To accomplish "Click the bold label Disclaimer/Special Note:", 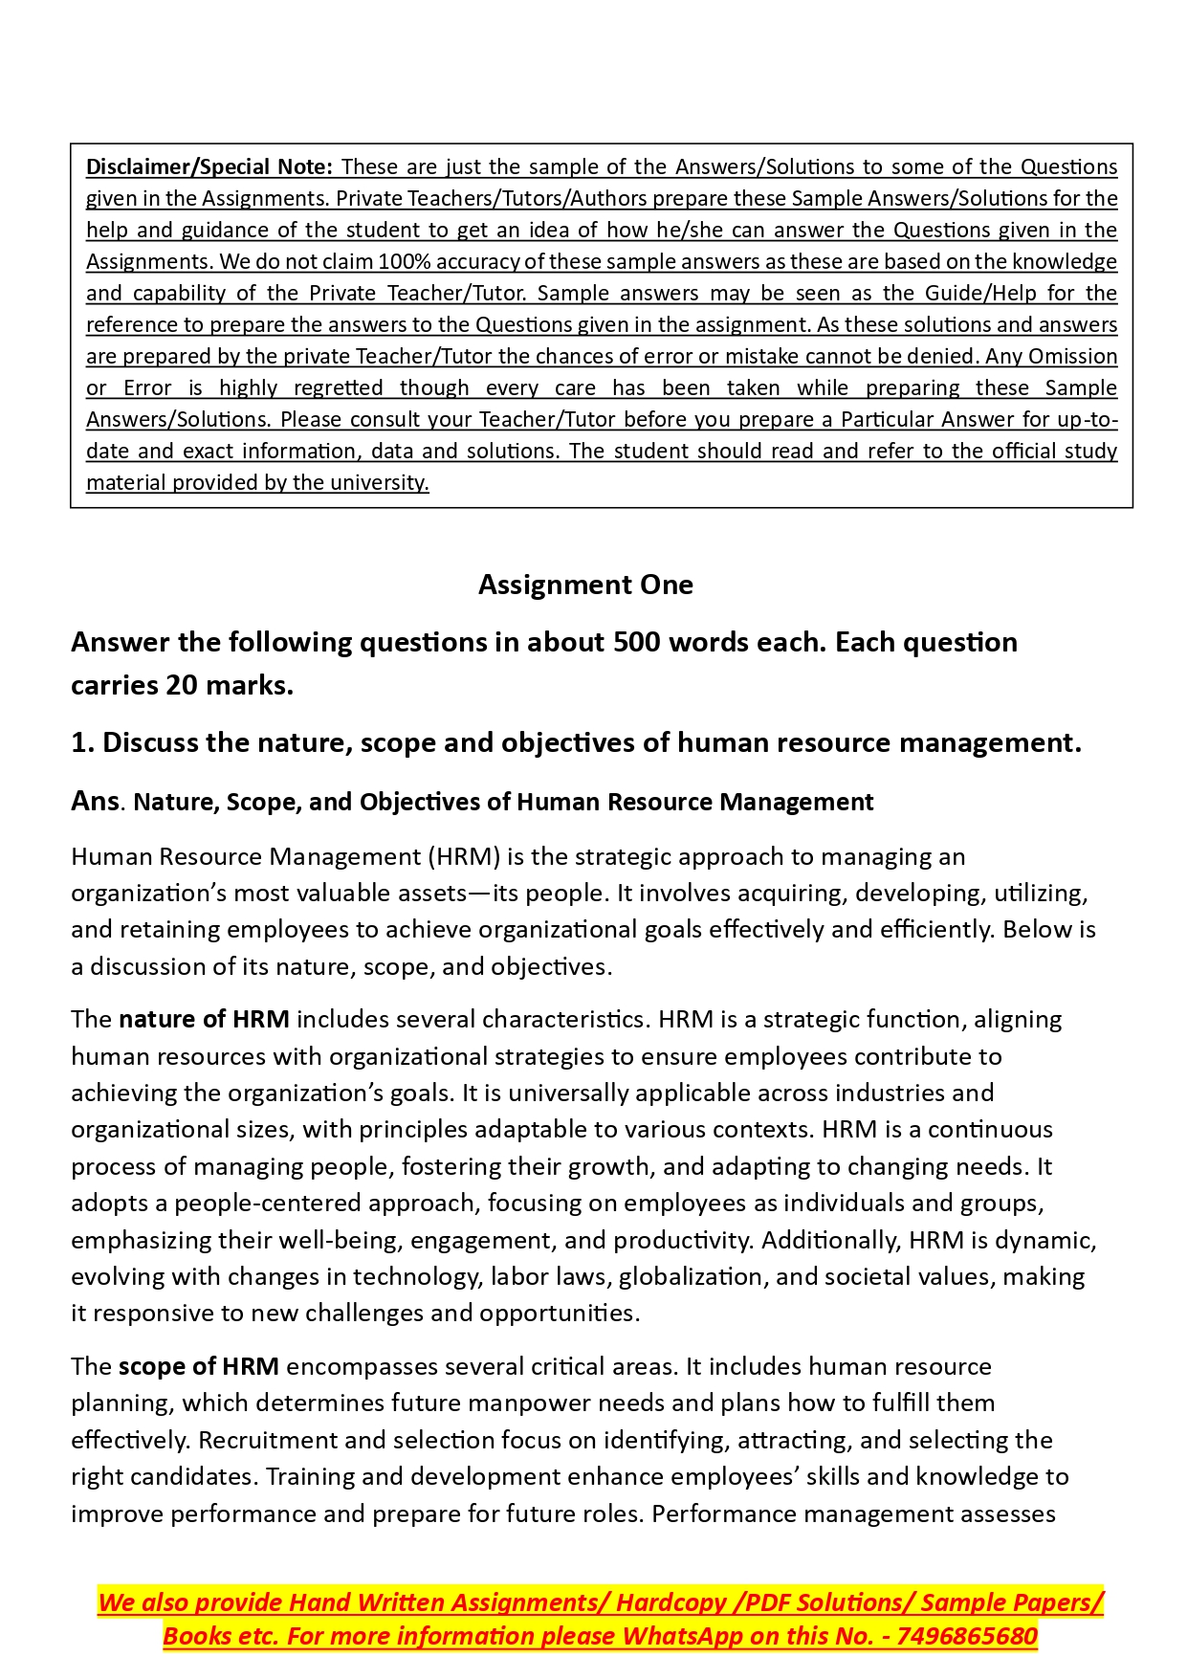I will click(x=209, y=166).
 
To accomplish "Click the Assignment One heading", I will click(x=585, y=585).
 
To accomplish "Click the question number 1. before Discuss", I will click(x=82, y=742).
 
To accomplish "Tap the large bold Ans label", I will click(x=95, y=801).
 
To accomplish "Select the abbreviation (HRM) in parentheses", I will click(x=464, y=856).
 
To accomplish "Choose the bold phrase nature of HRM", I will click(x=204, y=1019).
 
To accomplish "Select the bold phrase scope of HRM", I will click(x=198, y=1366).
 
